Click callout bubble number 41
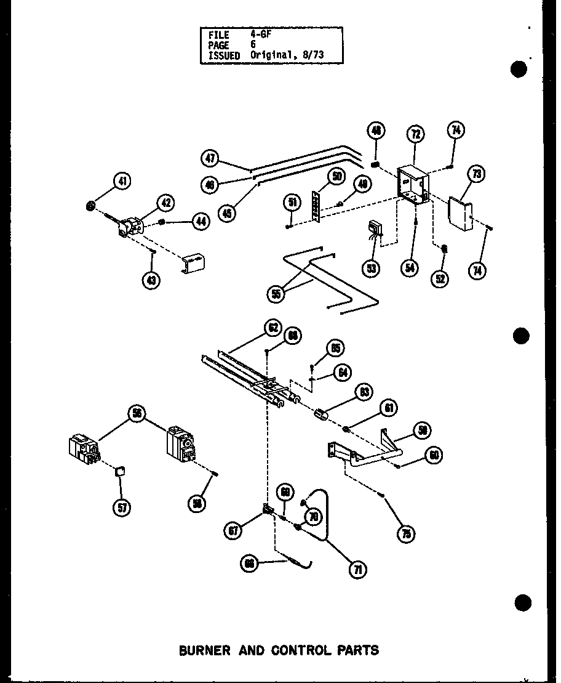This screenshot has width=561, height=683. point(122,182)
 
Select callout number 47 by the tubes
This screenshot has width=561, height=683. point(210,158)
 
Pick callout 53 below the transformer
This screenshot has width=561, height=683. point(371,268)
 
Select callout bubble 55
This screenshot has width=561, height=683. point(277,294)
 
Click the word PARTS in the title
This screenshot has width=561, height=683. point(357,650)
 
